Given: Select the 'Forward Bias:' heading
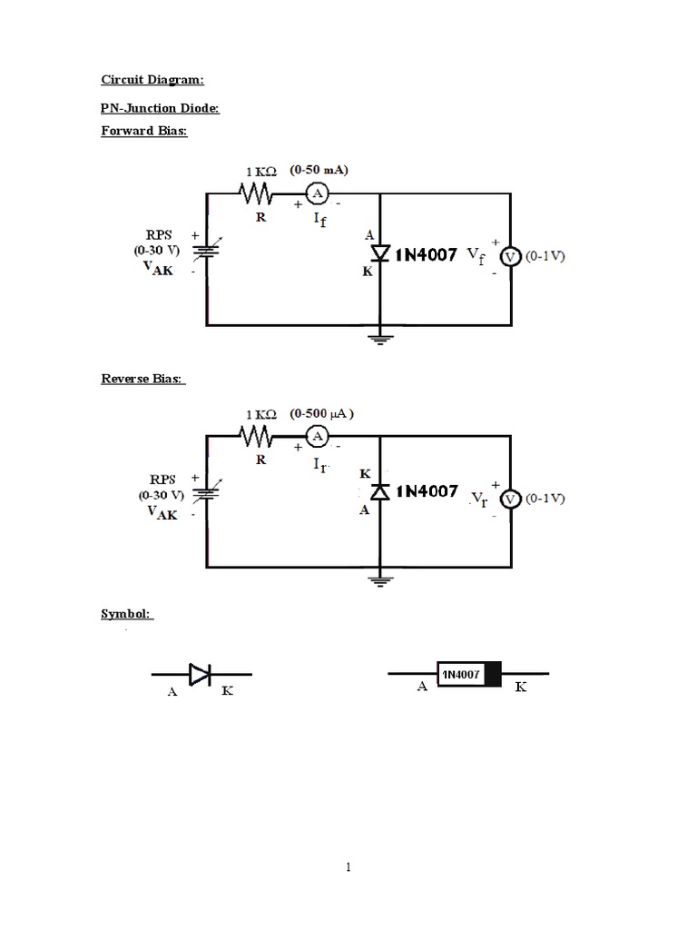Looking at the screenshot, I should coord(143,131).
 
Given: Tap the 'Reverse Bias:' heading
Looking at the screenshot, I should coord(143,378).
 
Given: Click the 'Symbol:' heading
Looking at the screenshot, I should coord(127,615).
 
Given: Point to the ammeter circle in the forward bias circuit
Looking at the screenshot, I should coord(317,193).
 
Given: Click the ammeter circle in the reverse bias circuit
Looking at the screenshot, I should coord(317,437).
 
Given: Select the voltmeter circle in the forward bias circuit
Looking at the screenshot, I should coord(510,257).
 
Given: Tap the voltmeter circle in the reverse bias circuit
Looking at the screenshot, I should coord(510,499).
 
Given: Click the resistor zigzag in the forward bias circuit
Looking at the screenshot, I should coord(257,193).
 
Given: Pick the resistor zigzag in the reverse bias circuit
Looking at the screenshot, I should coord(257,437).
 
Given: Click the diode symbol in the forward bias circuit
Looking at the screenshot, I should coord(379,254).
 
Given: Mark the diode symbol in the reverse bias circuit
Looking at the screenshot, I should coord(379,491).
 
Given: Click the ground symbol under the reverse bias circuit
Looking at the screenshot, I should coord(379,579).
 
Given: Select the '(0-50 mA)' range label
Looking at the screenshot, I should coord(319,170).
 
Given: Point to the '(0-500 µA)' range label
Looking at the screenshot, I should coord(321,413).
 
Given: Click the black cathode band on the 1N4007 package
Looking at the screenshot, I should coord(494,674).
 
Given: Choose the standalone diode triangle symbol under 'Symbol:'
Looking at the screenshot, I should coord(201,674).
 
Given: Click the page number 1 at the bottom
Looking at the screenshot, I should coord(348,867).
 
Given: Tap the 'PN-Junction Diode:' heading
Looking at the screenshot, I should coord(160,108).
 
